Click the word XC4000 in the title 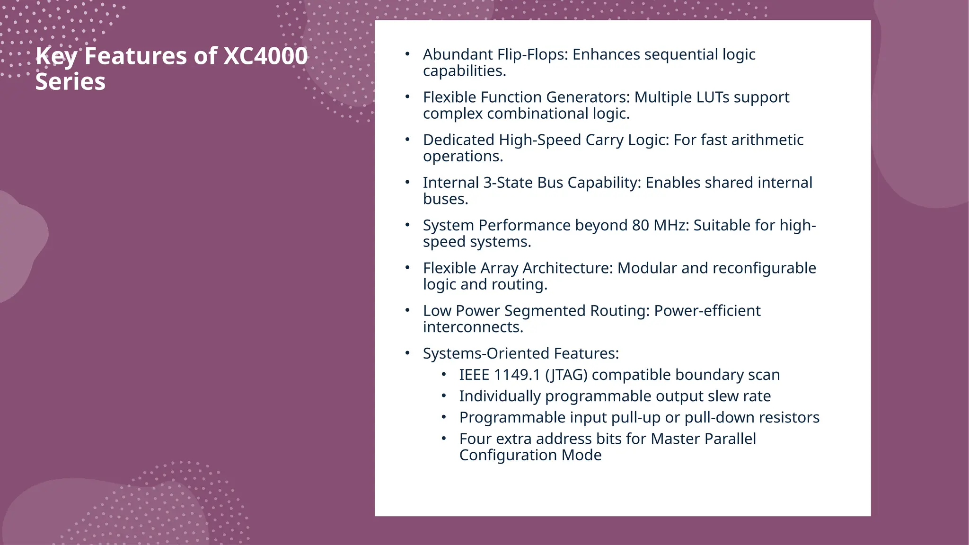point(265,56)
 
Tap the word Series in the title point(70,81)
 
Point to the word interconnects point(473,327)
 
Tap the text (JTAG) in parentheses point(566,375)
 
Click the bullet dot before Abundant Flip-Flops point(407,54)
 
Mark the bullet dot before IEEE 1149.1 point(444,375)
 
